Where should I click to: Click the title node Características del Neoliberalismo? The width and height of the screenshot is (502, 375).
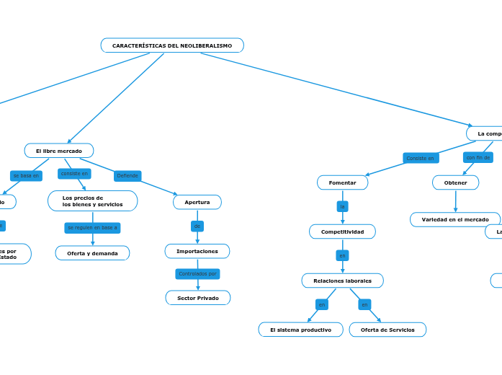point(172,45)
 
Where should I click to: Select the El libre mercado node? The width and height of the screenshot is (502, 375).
point(59,151)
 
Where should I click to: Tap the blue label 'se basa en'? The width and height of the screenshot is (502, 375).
point(26,176)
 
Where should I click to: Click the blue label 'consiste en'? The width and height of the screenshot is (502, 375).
point(74,174)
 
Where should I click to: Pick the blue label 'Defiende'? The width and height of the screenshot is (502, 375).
point(127,176)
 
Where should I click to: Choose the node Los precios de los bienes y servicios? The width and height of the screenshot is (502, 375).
point(92,201)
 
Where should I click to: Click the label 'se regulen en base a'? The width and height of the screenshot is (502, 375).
point(92,228)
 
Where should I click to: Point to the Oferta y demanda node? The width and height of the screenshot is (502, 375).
point(92,253)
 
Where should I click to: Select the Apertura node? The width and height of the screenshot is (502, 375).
point(197,202)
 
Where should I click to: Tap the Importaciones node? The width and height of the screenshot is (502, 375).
point(197,251)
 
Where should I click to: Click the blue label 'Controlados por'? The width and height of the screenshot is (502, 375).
point(197,274)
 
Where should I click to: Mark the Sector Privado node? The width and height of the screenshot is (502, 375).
point(198,298)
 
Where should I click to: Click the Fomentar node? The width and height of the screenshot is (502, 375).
point(342,182)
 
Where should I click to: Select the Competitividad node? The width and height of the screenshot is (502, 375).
point(342,231)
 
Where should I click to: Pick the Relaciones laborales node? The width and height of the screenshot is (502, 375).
point(342,281)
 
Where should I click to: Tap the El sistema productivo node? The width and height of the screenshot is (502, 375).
point(300,330)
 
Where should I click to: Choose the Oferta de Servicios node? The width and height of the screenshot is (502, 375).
point(387,330)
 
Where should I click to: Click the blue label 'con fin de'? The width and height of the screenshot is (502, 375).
point(478,157)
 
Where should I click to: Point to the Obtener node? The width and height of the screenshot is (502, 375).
point(455,182)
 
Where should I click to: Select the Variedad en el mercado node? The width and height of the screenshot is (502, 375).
point(455,219)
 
